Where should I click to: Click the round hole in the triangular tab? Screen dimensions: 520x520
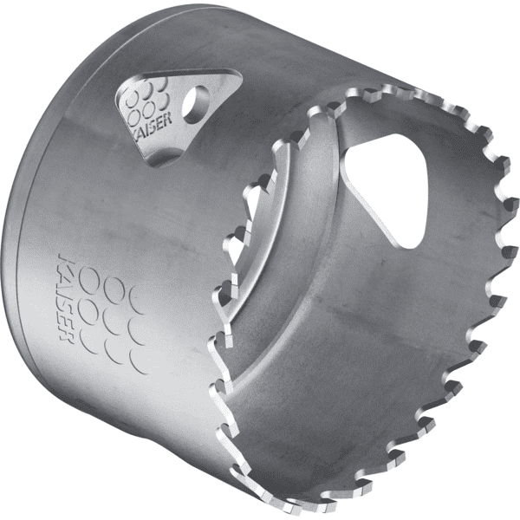[196, 105]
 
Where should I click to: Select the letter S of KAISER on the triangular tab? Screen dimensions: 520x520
[153, 124]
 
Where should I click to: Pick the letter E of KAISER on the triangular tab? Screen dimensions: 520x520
[159, 121]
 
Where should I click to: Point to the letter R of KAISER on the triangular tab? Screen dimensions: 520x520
[167, 119]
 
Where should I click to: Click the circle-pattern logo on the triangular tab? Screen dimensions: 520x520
[147, 99]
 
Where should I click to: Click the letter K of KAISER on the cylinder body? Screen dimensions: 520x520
[63, 260]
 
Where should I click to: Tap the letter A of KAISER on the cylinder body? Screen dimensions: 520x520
[64, 273]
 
